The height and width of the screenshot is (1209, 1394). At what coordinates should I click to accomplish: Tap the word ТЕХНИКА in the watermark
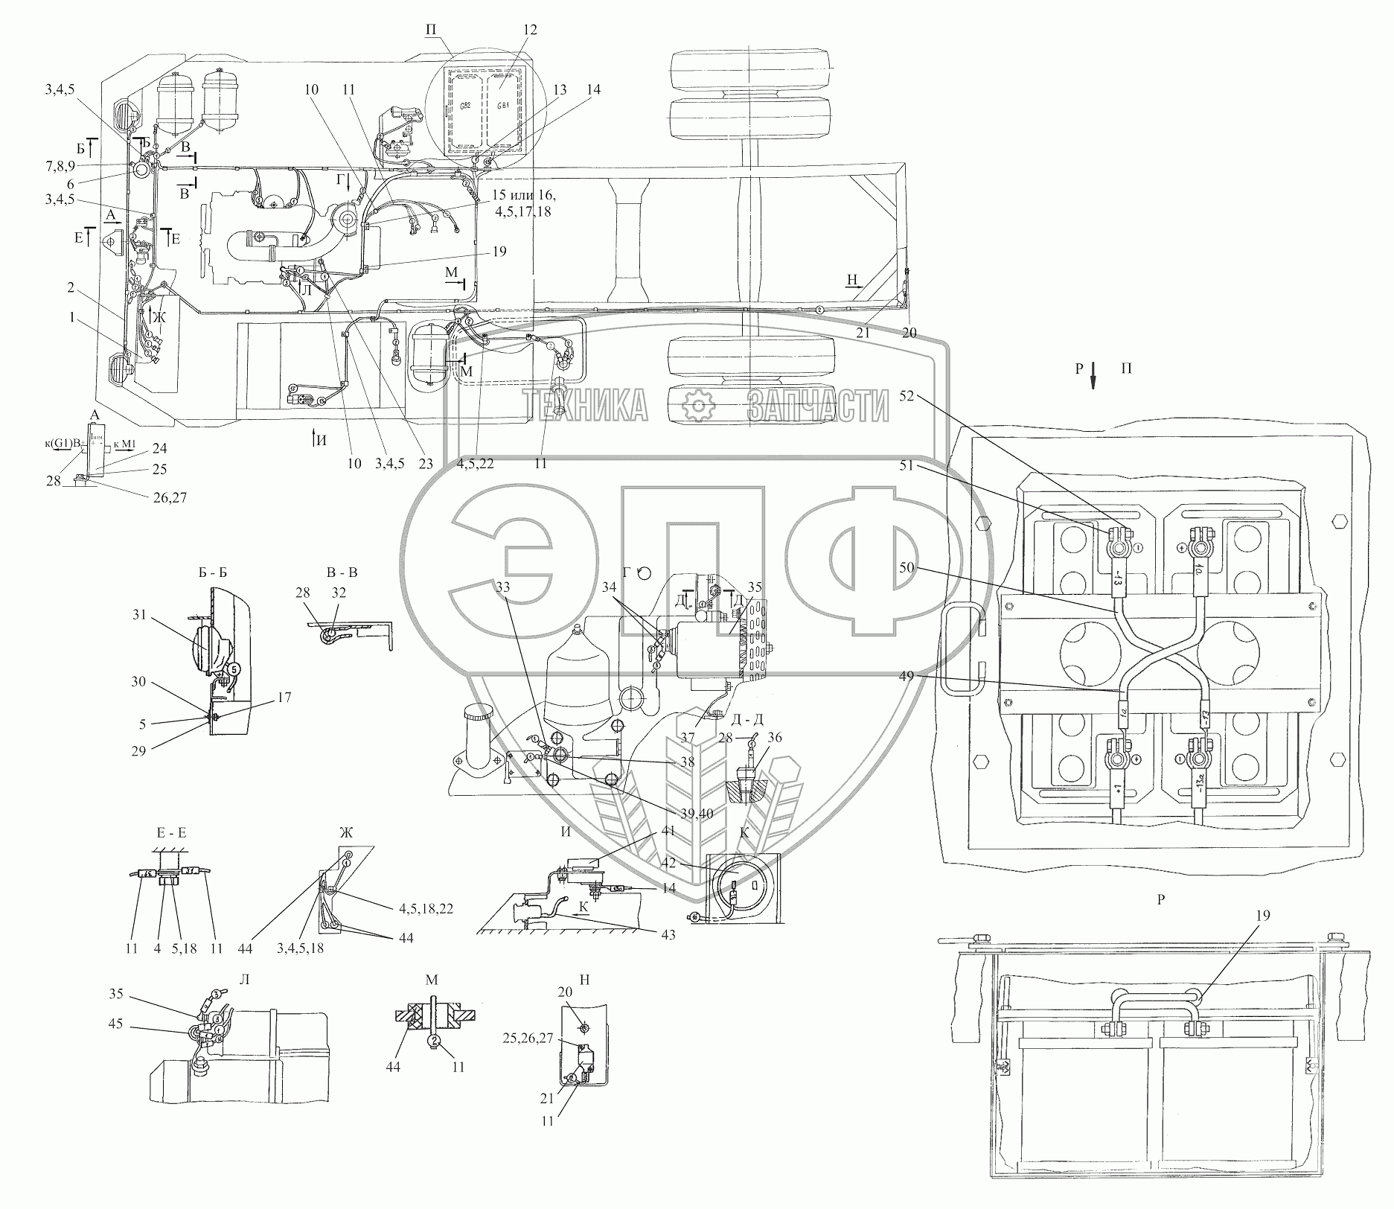584,406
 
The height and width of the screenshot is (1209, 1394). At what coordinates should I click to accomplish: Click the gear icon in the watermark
698,406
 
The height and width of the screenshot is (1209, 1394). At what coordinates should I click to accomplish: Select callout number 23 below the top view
425,463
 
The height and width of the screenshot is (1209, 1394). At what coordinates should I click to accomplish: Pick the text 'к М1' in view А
126,444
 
